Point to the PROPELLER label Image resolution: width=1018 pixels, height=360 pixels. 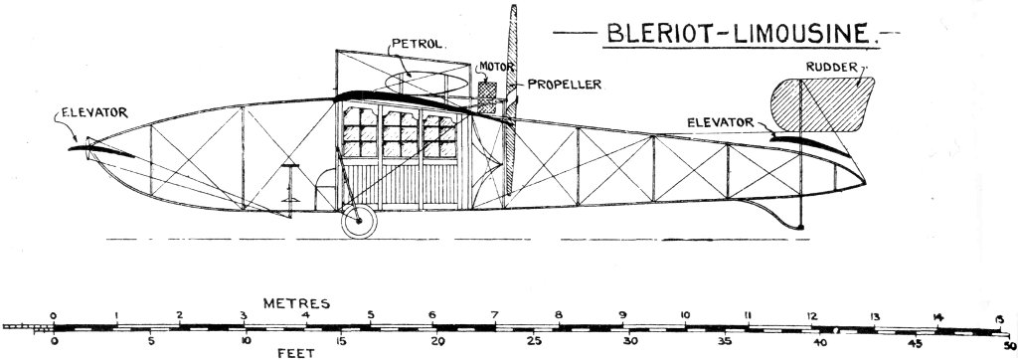coord(563,85)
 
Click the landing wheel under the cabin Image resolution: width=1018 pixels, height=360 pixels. coord(358,223)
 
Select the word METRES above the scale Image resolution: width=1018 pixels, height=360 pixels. coord(297,300)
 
